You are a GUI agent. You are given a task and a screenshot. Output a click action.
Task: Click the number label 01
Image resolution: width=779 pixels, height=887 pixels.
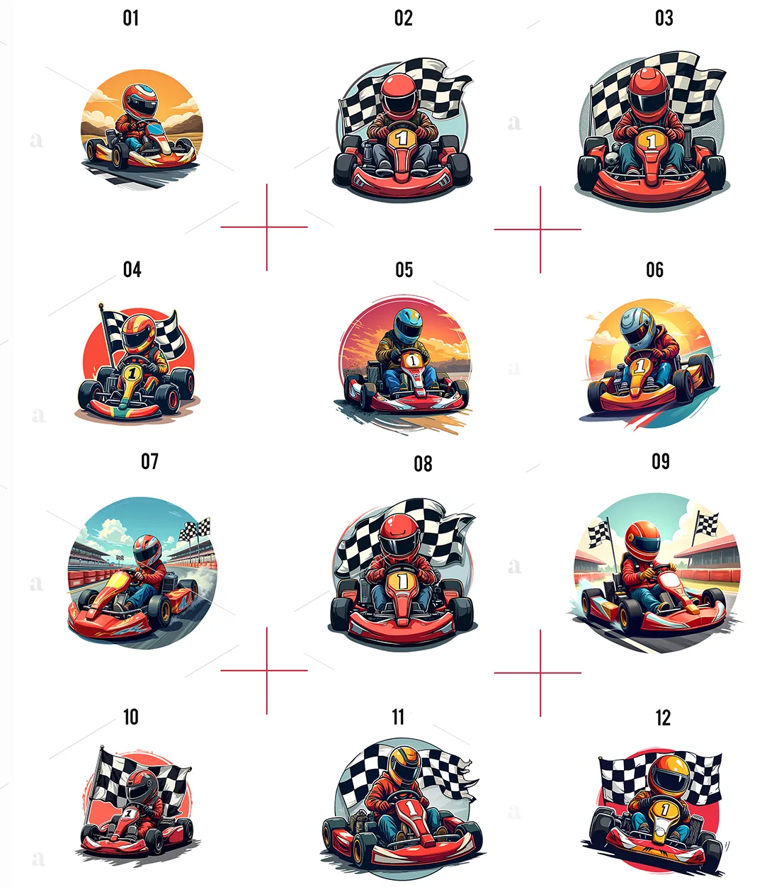coord(131,18)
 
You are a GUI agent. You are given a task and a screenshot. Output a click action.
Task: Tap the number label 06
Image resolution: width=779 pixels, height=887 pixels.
coord(654,270)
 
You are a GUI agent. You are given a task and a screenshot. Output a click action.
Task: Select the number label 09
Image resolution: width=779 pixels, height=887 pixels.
coord(660,462)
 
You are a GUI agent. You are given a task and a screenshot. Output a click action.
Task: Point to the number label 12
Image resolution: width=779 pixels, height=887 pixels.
coord(663,718)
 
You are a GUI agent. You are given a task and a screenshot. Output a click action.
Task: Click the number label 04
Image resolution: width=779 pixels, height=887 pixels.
coord(132,270)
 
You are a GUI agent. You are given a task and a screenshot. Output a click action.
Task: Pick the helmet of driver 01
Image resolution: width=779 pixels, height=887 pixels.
coord(140,101)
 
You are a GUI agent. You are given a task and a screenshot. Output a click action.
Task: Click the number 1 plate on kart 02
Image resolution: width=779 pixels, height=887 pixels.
coord(402,137)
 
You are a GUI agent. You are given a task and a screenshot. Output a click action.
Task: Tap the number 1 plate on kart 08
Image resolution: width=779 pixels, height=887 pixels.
coord(402,581)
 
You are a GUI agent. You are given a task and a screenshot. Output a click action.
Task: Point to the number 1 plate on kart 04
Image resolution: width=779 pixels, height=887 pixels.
coord(131,372)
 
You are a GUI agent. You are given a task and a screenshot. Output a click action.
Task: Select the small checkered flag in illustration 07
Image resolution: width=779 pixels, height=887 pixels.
coord(196,529)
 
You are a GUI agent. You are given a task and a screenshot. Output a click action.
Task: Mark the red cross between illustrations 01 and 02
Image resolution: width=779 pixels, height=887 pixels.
coord(266,227)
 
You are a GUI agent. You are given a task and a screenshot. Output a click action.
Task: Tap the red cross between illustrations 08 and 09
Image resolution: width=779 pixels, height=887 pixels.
coord(540,672)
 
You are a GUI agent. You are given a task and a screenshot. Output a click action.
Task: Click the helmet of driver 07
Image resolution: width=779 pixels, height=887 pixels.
coord(147,550)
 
